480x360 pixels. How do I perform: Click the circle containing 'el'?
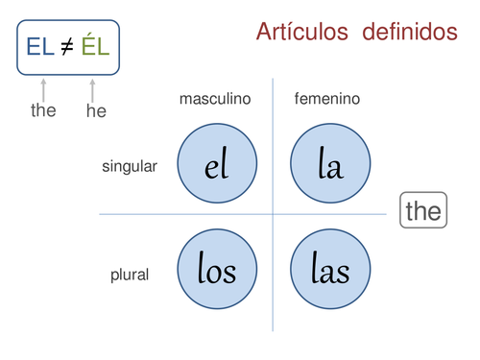217,165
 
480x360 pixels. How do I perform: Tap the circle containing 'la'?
330,165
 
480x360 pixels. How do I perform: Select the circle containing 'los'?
217,270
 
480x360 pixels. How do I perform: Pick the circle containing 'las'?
330,270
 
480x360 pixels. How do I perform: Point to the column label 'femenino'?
327,99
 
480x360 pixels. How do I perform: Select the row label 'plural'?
130,275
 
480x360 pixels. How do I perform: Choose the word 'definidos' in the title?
410,32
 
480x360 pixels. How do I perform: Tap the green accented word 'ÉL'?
96,45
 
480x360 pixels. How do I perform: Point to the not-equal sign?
67,46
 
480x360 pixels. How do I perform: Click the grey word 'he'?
96,110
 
